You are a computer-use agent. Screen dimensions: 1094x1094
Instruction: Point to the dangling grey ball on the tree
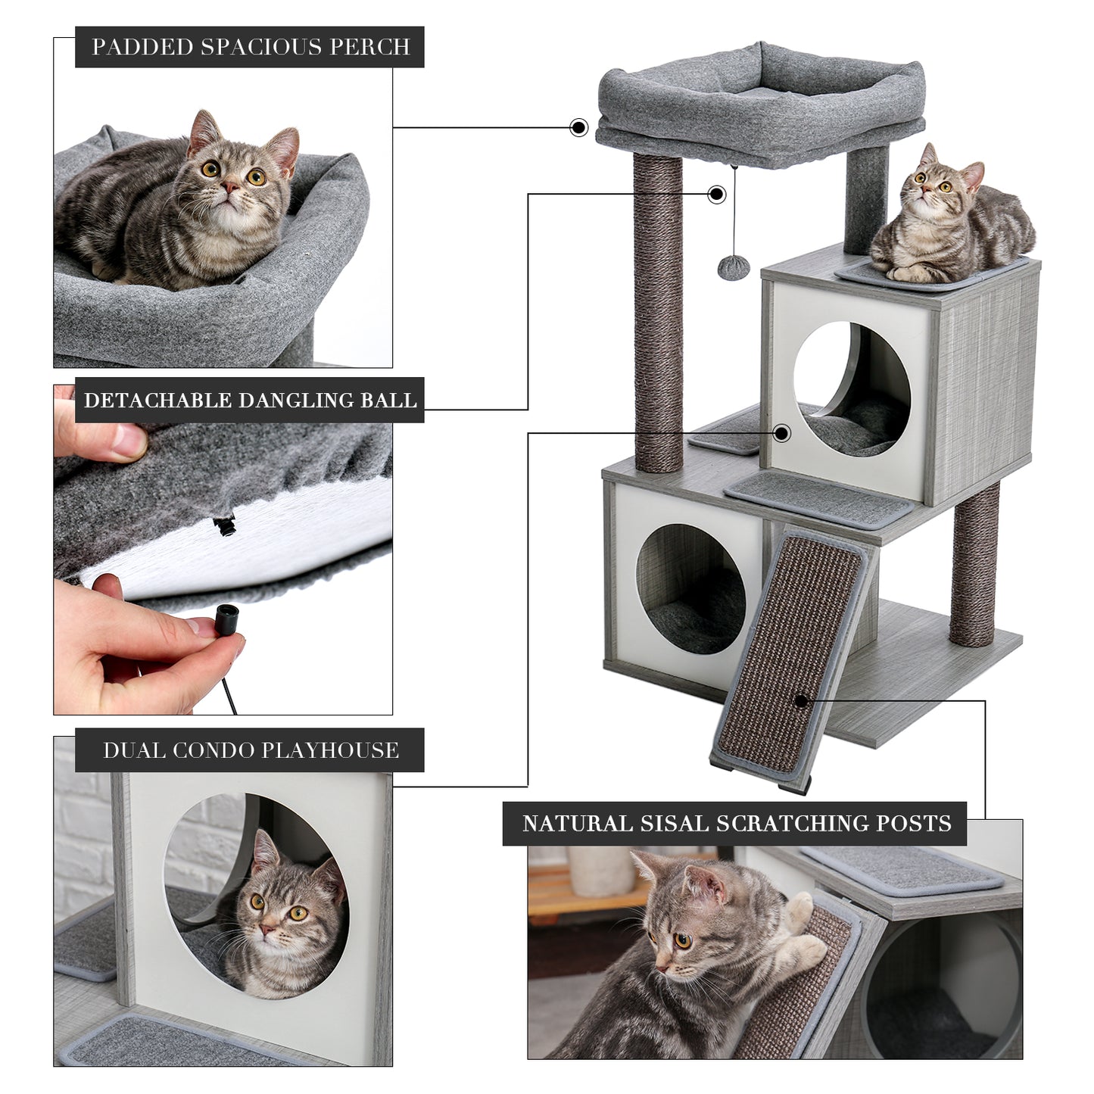pyautogui.click(x=734, y=266)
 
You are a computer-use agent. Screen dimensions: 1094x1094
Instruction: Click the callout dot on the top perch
pyautogui.click(x=579, y=127)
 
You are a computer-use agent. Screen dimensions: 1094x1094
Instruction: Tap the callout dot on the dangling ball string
pyautogui.click(x=717, y=194)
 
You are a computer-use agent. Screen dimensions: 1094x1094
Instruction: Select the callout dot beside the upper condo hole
pyautogui.click(x=782, y=433)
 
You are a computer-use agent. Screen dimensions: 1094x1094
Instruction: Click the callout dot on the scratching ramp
pyautogui.click(x=800, y=701)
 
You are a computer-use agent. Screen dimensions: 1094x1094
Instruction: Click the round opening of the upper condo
pyautogui.click(x=852, y=388)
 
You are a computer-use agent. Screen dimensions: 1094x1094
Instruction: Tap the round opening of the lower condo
pyautogui.click(x=690, y=588)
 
